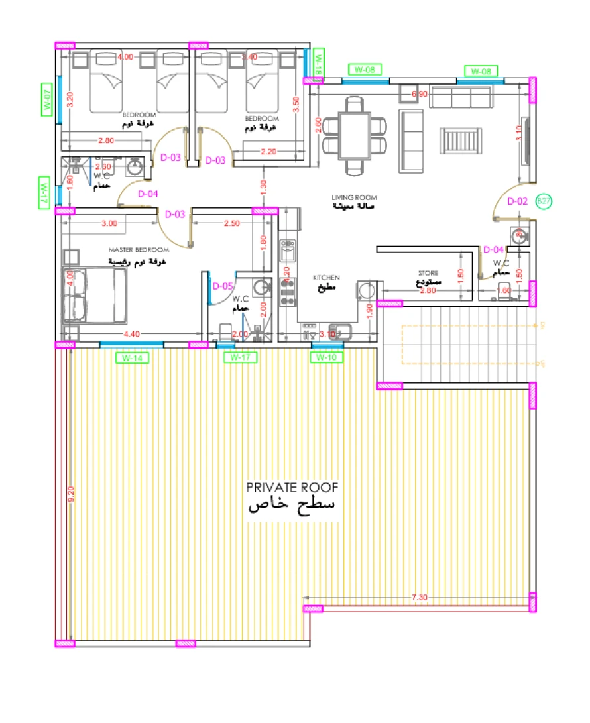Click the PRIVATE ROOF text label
click(292, 488)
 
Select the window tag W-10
click(327, 358)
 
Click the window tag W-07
click(46, 99)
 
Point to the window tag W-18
click(318, 62)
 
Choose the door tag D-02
click(517, 201)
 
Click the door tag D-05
click(223, 286)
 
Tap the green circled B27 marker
click(544, 201)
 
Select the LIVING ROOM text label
click(354, 197)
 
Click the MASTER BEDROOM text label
click(139, 250)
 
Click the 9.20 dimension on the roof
click(72, 494)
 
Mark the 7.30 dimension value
click(419, 598)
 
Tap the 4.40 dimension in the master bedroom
click(132, 334)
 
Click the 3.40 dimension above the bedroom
click(250, 58)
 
